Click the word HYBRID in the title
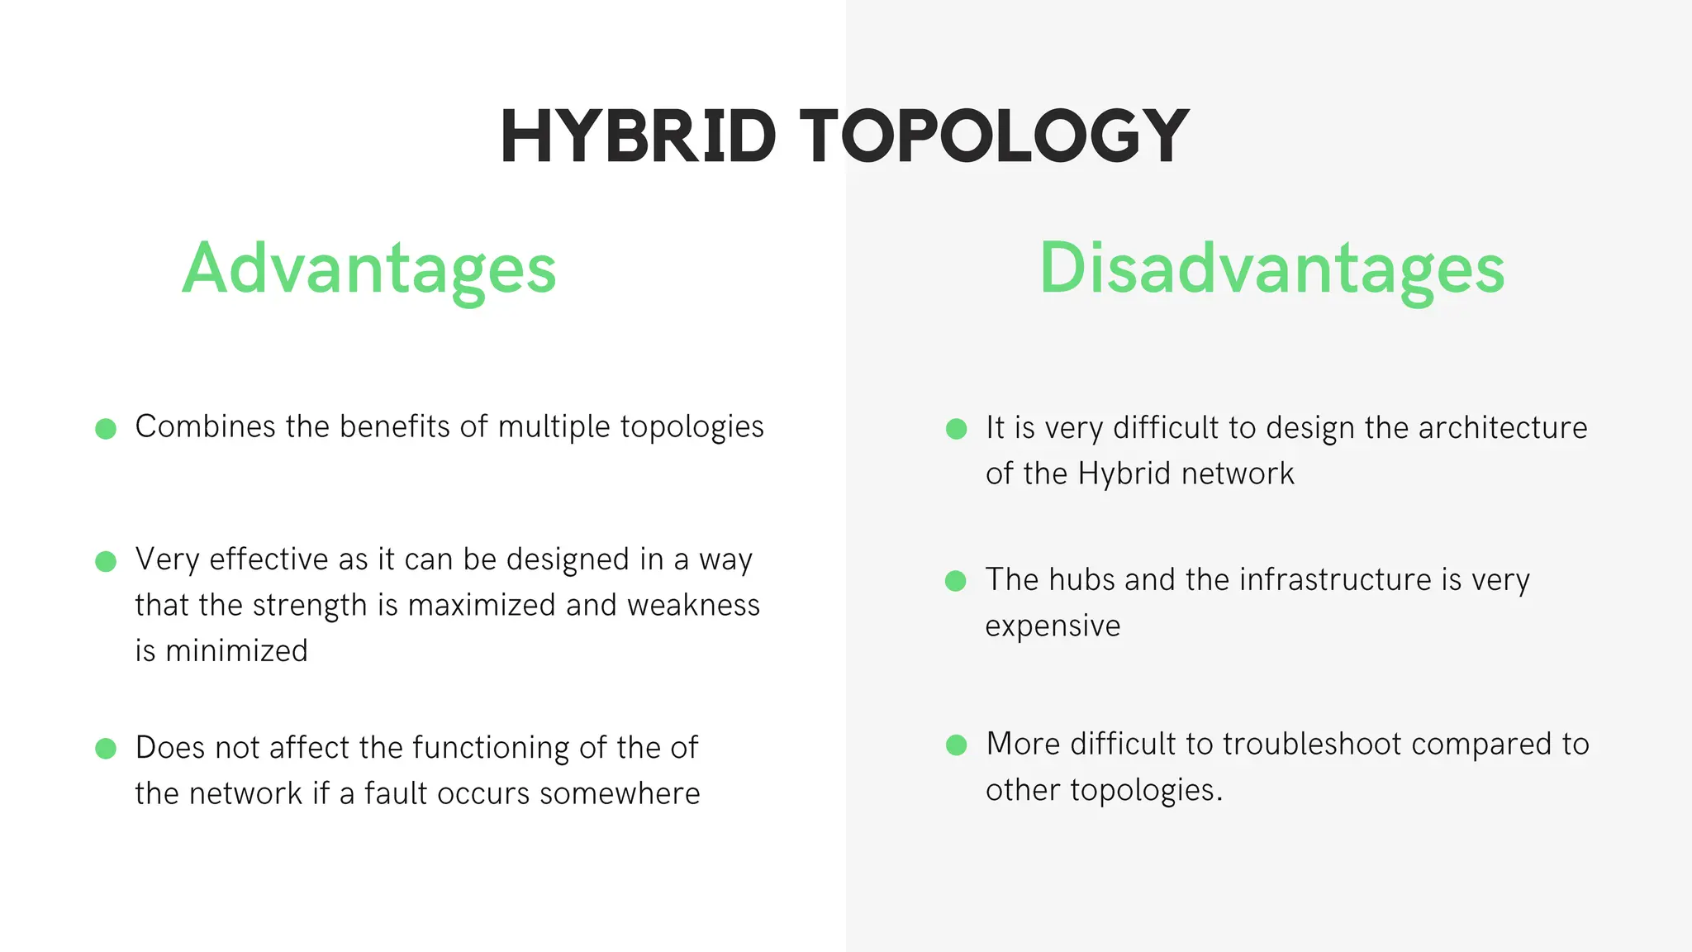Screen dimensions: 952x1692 coord(638,136)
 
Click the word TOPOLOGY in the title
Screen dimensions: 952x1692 coord(994,136)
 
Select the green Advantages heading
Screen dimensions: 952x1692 coord(369,269)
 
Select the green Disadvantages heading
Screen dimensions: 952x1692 coord(1271,269)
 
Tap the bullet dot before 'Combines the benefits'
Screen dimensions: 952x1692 coord(106,429)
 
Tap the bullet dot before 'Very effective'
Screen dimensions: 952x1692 coord(106,562)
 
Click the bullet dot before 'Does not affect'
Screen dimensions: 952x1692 coord(106,749)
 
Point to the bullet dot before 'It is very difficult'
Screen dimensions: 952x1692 coord(956,429)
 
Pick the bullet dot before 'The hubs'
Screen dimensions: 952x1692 coord(956,581)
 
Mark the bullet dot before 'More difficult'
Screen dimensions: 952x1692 coord(956,745)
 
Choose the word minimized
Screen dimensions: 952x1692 coord(236,651)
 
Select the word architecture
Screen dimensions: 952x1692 coord(1503,428)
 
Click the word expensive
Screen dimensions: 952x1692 coord(1053,626)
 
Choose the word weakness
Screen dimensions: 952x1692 coord(693,606)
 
